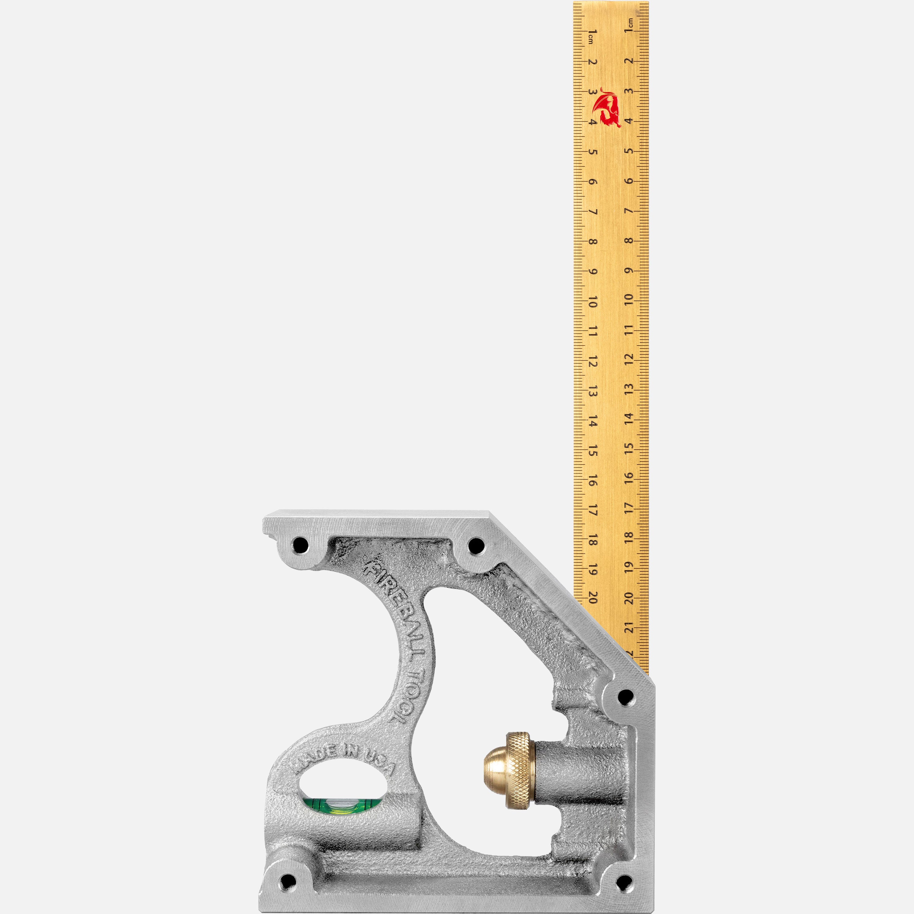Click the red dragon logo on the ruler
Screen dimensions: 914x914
[606, 107]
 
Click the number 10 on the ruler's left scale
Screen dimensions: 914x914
[592, 302]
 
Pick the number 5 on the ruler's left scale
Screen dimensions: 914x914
[592, 152]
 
